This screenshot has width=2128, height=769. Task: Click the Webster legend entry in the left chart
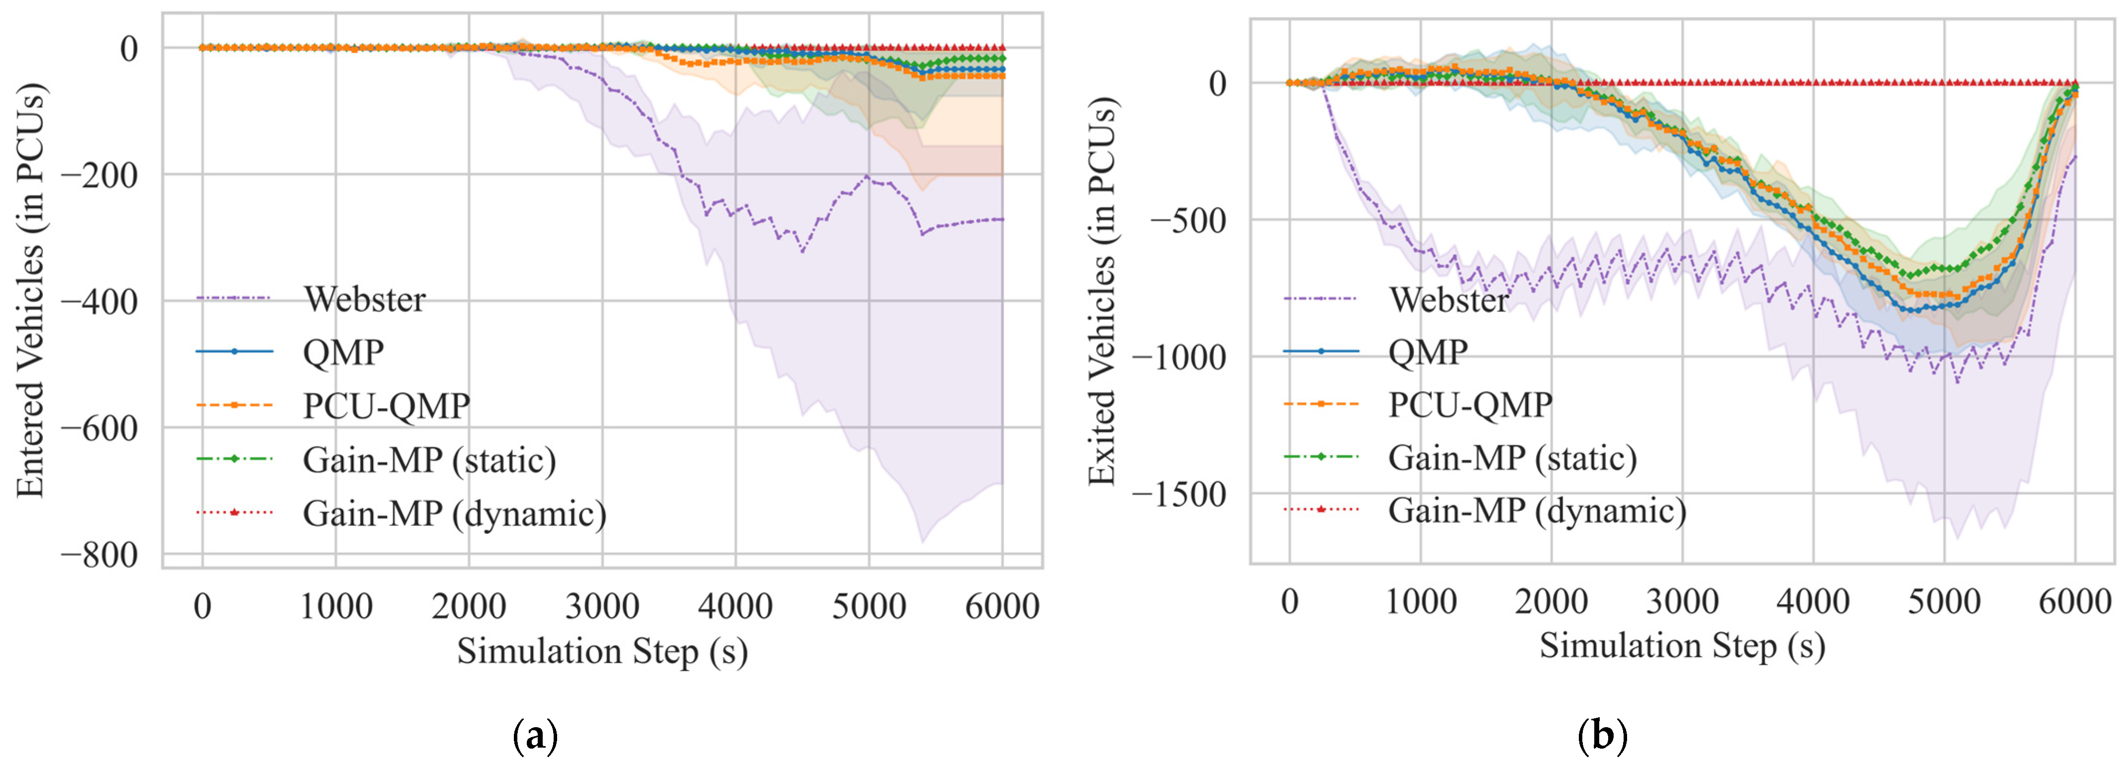click(x=364, y=299)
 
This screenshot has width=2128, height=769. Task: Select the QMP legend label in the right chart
click(x=1428, y=353)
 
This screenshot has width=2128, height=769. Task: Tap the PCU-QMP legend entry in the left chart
click(x=386, y=405)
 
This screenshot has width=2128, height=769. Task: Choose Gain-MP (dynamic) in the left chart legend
click(x=454, y=513)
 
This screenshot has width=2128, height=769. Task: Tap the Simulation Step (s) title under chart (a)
click(x=602, y=651)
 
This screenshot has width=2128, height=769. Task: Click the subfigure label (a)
click(x=535, y=734)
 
